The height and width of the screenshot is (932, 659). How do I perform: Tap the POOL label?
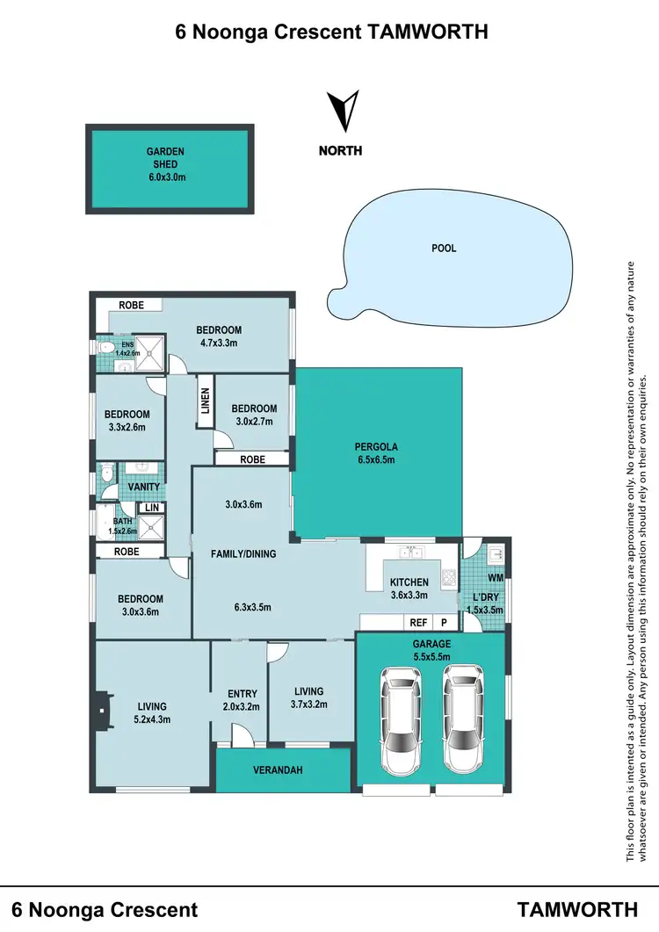point(444,249)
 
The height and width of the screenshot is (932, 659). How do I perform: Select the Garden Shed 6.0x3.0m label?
point(165,164)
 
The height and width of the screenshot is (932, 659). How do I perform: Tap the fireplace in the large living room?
point(104,705)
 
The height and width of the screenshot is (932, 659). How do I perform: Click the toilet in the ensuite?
point(105,349)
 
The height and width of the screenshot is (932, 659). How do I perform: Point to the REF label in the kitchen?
point(418,623)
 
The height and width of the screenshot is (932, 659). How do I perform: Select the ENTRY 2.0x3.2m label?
point(241,699)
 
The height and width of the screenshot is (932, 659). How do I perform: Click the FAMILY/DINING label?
point(243,554)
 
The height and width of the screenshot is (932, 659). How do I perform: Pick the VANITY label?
point(142,487)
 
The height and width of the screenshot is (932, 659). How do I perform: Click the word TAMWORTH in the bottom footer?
point(577,908)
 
